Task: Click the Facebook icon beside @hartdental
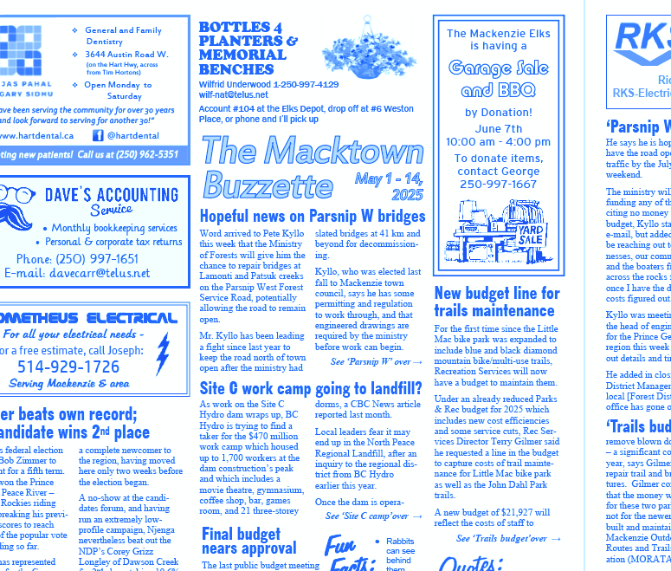(x=98, y=135)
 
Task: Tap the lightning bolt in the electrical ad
(x=163, y=354)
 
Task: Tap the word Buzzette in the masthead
(x=268, y=185)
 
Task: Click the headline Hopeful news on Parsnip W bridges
(x=313, y=217)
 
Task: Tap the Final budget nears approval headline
(x=248, y=542)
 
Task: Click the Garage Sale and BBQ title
(x=498, y=78)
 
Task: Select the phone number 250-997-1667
(x=498, y=184)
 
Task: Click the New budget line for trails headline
(x=497, y=302)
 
